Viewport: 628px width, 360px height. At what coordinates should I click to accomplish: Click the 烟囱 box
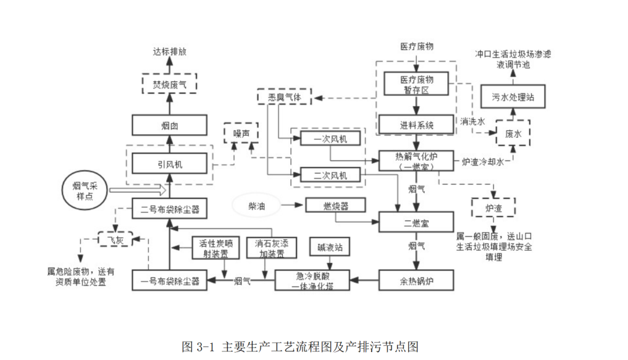(169, 125)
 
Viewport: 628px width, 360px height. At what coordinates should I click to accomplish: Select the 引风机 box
(169, 164)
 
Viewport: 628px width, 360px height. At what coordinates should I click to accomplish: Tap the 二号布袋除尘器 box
(169, 208)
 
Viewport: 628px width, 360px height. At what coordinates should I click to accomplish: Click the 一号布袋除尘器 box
(169, 281)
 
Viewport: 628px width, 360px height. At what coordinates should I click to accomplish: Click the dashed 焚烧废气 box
(169, 83)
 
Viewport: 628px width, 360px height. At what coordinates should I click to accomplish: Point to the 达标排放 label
(169, 52)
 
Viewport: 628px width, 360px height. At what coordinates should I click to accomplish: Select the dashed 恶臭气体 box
(284, 97)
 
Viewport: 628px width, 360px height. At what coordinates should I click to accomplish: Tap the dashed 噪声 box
(241, 133)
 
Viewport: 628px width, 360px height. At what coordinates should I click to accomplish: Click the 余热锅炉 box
(416, 281)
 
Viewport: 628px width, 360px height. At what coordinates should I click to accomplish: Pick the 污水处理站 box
(513, 98)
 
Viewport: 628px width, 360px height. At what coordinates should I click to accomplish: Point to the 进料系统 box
(416, 125)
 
